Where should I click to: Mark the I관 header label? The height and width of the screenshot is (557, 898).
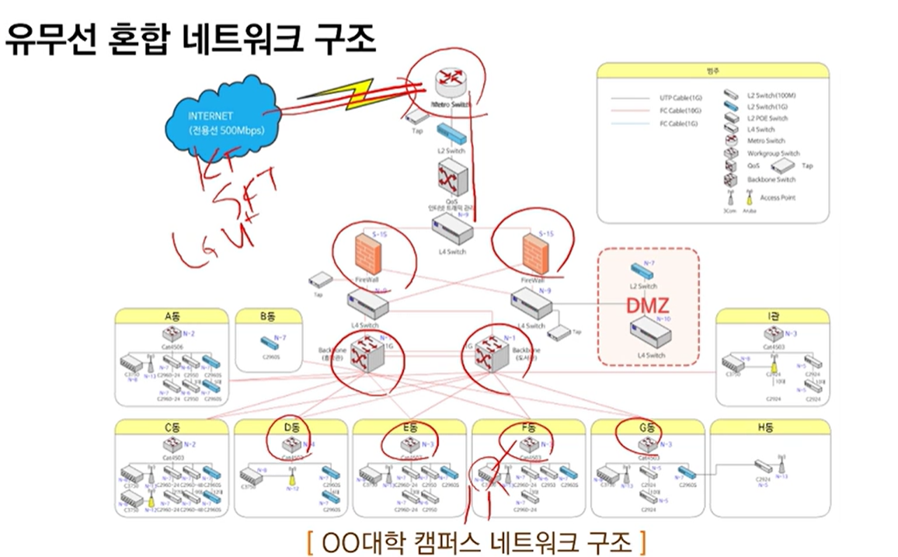tap(771, 316)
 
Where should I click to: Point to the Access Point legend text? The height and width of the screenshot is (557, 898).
tap(778, 197)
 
